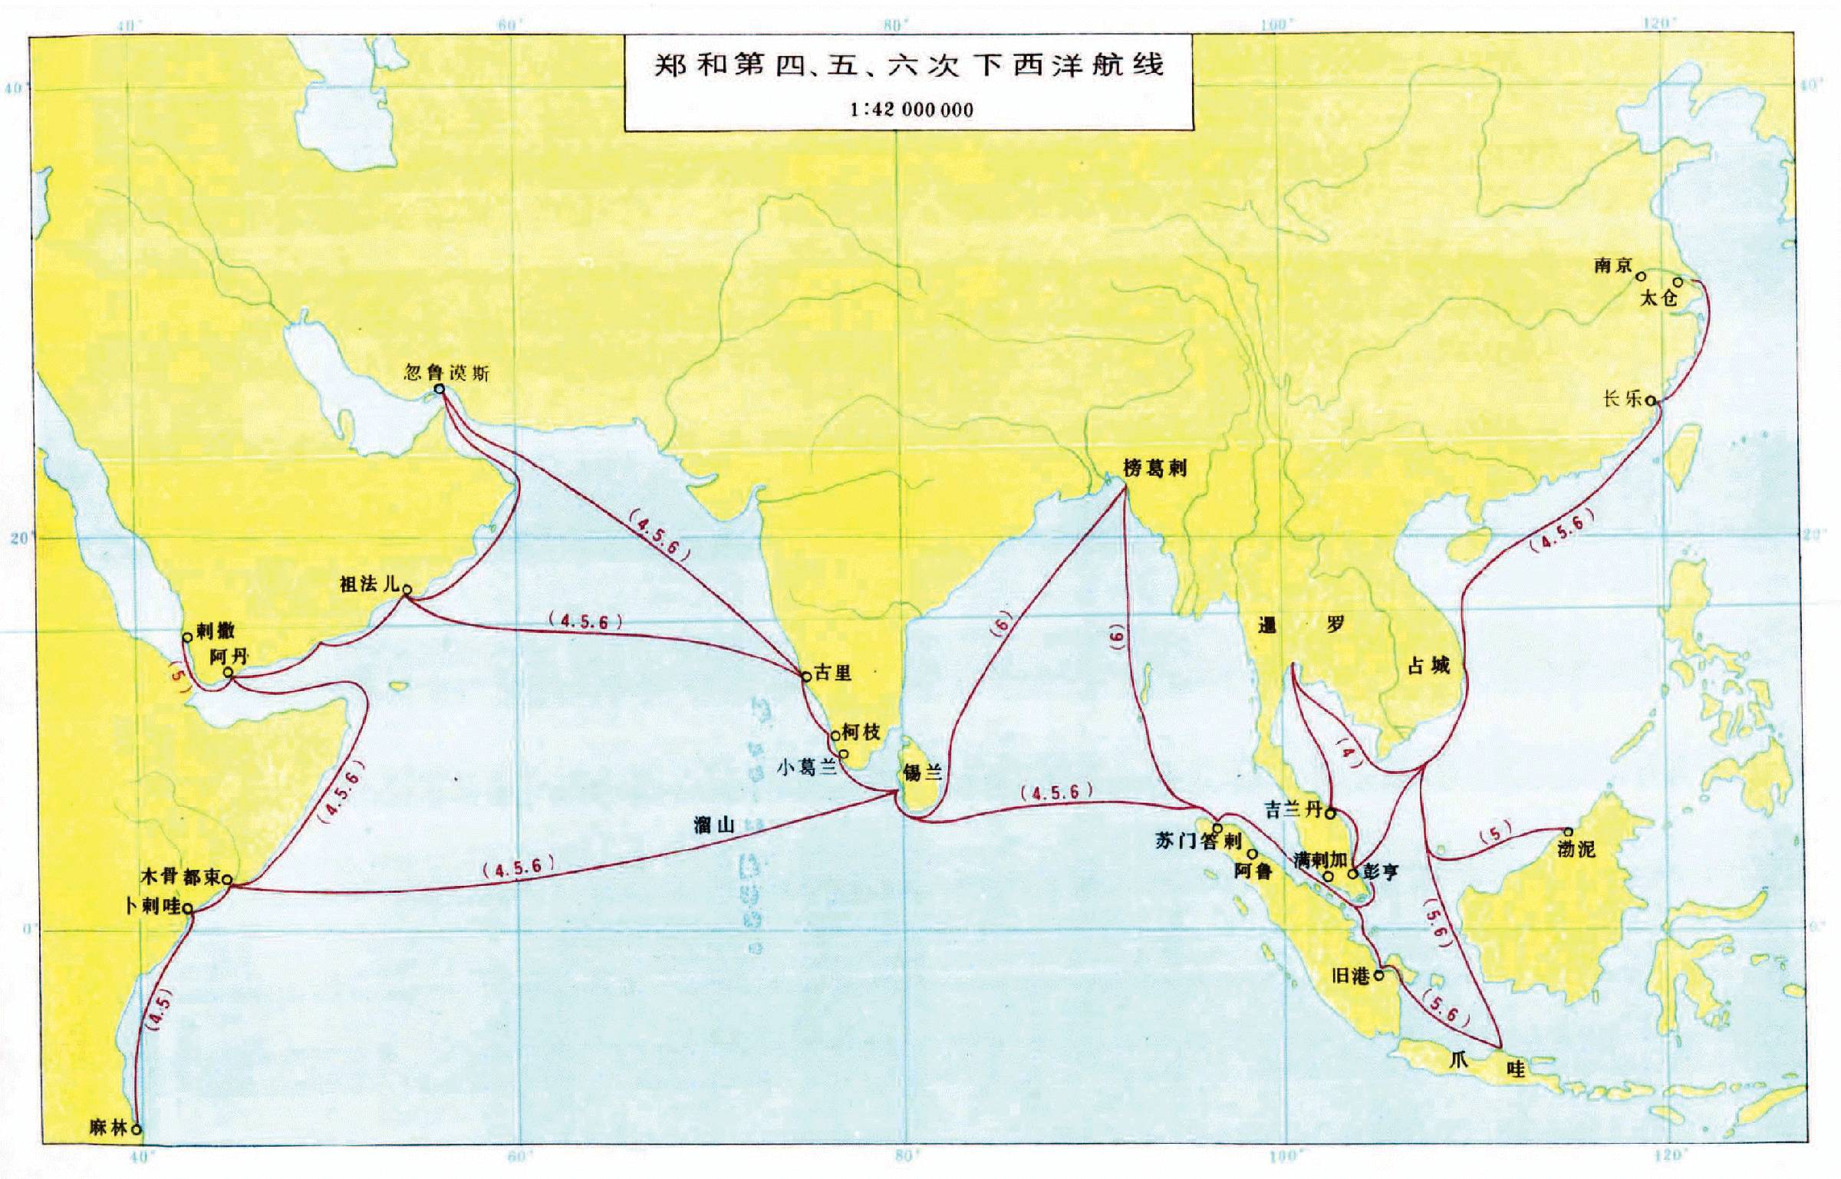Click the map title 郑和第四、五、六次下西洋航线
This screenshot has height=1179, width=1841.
(x=909, y=65)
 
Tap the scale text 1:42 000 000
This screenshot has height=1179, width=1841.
(x=911, y=110)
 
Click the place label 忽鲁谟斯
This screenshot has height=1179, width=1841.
(x=446, y=373)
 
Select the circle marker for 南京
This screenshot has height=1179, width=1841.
(x=1641, y=276)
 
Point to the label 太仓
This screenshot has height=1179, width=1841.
(x=1658, y=298)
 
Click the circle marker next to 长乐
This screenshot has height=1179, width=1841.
(x=1650, y=400)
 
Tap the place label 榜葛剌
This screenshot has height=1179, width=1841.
(x=1155, y=468)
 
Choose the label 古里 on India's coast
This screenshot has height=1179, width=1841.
(x=833, y=673)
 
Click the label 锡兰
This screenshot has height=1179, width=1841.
(x=922, y=772)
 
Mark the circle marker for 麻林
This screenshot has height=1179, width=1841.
(x=137, y=1129)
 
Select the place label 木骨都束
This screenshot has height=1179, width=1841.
(x=181, y=876)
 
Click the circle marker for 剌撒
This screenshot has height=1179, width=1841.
(x=186, y=637)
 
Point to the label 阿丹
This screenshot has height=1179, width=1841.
(x=229, y=657)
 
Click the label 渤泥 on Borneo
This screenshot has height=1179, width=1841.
(x=1576, y=849)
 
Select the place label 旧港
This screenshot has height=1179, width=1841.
(x=1351, y=976)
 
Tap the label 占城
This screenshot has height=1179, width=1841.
(x=1428, y=666)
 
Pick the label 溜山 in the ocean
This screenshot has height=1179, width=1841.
(x=713, y=825)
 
